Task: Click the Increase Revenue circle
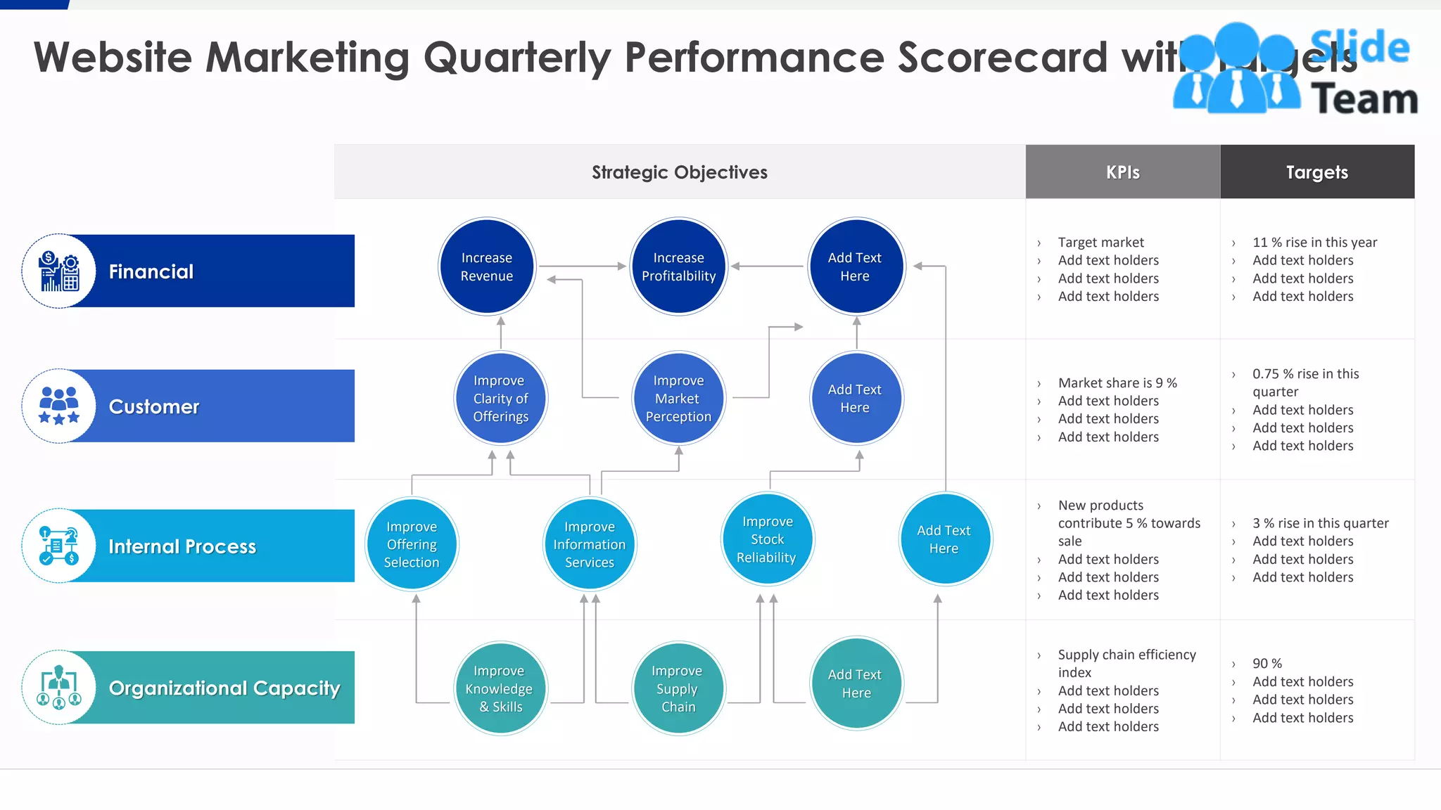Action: pyautogui.click(x=487, y=266)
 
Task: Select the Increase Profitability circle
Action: pyautogui.click(x=678, y=266)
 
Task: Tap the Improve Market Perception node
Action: pyautogui.click(x=678, y=398)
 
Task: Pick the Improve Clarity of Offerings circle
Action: pyautogui.click(x=500, y=398)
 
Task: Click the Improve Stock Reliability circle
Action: pyautogui.click(x=767, y=539)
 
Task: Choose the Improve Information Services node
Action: pyautogui.click(x=590, y=544)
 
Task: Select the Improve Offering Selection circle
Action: pyautogui.click(x=412, y=544)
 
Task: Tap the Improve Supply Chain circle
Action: pyautogui.click(x=678, y=688)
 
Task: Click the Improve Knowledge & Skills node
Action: pyautogui.click(x=500, y=688)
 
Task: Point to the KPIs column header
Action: pyautogui.click(x=1122, y=172)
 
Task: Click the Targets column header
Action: pyautogui.click(x=1316, y=172)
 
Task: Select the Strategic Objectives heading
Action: pyautogui.click(x=679, y=172)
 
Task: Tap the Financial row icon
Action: pyautogui.click(x=59, y=271)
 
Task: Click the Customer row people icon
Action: pyautogui.click(x=59, y=406)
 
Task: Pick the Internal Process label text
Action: pyautogui.click(x=182, y=546)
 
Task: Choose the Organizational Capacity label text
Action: pyautogui.click(x=224, y=688)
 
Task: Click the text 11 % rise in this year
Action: pyautogui.click(x=1314, y=242)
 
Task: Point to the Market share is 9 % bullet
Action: pyautogui.click(x=1117, y=382)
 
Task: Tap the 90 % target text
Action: pyautogui.click(x=1267, y=663)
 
